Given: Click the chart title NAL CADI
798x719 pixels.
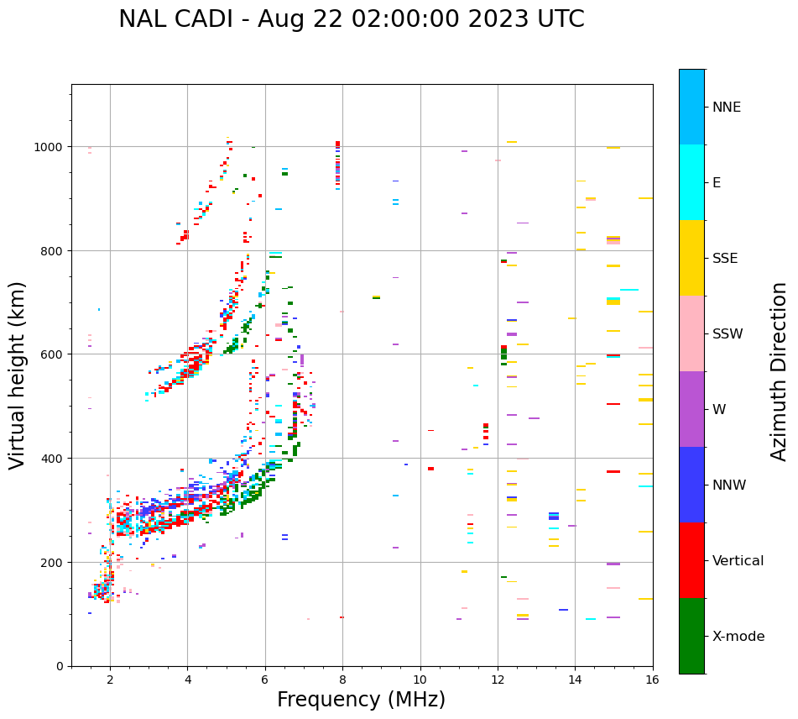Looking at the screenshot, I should [x=351, y=19].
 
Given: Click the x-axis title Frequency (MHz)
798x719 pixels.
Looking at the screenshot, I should [x=361, y=700].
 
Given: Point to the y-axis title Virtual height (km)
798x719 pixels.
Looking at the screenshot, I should [x=18, y=375].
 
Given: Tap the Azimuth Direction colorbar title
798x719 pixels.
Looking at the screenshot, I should [x=780, y=371].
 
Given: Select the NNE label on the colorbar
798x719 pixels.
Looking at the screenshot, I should [x=727, y=108].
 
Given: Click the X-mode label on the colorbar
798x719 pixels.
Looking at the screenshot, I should [x=738, y=637].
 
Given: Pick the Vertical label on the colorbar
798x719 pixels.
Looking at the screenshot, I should [x=738, y=561].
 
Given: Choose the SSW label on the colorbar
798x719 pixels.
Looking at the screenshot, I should [x=728, y=334].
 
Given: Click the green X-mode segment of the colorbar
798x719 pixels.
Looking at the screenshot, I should [x=691, y=636].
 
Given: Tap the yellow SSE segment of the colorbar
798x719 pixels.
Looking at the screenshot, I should [x=691, y=258].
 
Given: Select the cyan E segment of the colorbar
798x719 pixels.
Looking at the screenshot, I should [x=691, y=182].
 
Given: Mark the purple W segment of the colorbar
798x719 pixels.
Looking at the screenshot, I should [x=691, y=409].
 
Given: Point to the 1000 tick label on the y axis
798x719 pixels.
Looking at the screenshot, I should [x=50, y=147].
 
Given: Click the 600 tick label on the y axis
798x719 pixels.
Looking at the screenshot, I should [x=53, y=354].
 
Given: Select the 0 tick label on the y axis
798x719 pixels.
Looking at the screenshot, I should [x=60, y=666].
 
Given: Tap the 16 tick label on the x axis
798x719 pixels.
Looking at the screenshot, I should [x=652, y=681].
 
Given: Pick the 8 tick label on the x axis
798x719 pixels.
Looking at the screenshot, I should [x=342, y=681].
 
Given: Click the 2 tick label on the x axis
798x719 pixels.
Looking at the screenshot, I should [x=110, y=681].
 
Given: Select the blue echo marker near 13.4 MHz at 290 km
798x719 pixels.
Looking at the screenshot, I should [x=554, y=516].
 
